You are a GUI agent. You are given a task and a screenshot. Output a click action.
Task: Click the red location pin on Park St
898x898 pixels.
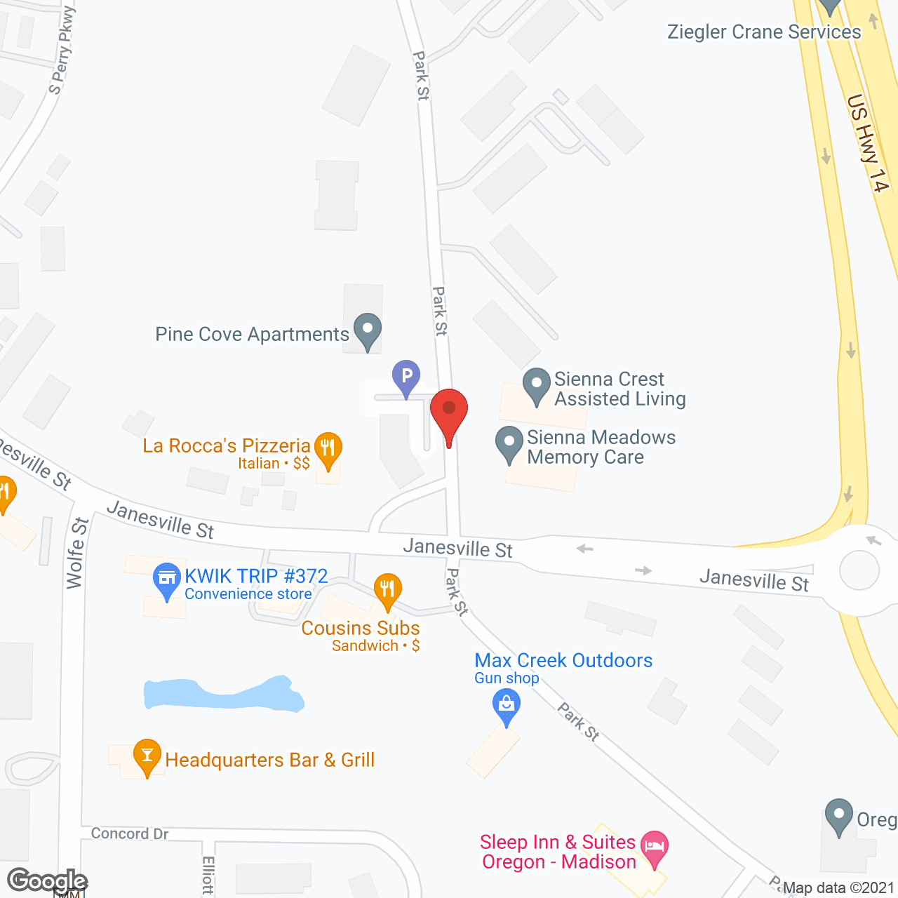coord(449,410)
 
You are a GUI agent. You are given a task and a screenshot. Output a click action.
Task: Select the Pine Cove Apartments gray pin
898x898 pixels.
coord(367,329)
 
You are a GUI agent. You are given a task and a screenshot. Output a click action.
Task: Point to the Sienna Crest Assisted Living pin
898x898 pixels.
coord(537,384)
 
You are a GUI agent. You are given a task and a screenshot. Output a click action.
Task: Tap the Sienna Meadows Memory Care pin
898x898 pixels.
coord(509,443)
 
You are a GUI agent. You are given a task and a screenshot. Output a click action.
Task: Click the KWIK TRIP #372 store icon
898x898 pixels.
coord(167,579)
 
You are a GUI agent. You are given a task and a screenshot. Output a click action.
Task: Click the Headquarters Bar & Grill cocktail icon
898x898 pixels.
coord(147,755)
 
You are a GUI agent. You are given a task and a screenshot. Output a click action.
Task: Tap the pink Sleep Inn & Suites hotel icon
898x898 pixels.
coord(655,845)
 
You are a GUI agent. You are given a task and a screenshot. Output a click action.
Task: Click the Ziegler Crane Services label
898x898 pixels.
coord(764,32)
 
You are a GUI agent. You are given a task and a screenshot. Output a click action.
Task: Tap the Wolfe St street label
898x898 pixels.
coord(77,553)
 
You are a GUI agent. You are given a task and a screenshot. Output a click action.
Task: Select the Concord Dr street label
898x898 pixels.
coord(130,833)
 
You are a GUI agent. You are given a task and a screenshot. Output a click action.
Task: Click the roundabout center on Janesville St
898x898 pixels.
coord(859,570)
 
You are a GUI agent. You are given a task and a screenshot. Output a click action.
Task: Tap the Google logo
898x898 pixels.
coord(47,881)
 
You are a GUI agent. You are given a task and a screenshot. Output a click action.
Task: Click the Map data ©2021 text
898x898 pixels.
coord(838,887)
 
